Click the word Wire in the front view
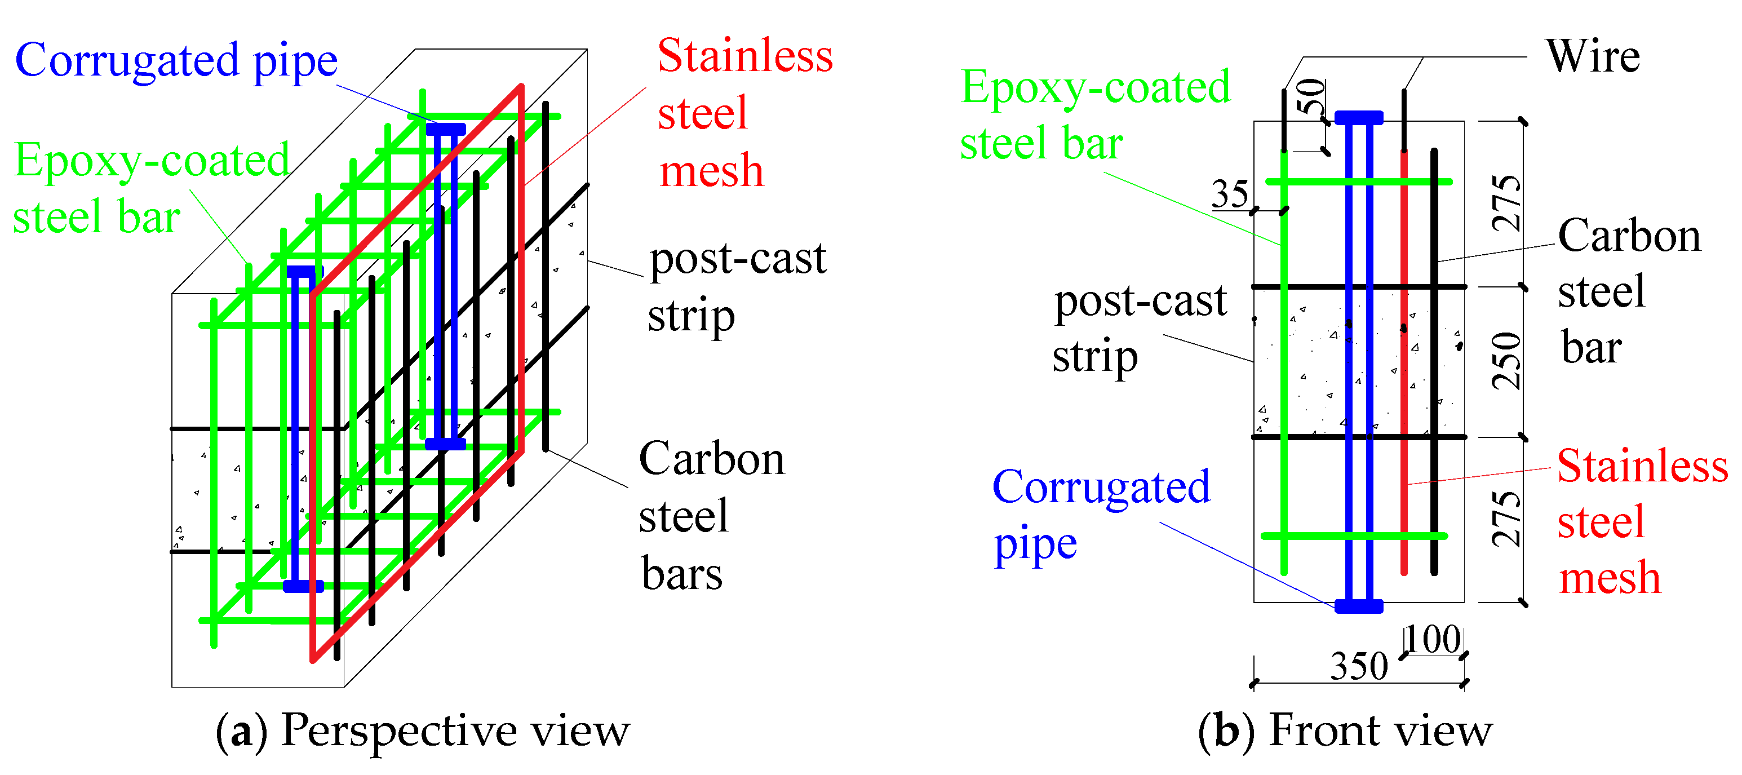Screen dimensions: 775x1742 tap(1592, 56)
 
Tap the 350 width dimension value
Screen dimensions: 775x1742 tap(1359, 666)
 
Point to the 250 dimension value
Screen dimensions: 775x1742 tap(1506, 361)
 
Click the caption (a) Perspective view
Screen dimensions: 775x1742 tap(422, 731)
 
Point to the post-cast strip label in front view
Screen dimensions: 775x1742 tap(1139, 329)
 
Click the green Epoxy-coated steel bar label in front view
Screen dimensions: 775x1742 tap(1094, 115)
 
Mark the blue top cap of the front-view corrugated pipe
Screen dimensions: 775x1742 tap(1359, 118)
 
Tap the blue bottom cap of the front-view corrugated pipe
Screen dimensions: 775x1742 tap(1359, 606)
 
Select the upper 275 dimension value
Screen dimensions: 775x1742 tap(1506, 203)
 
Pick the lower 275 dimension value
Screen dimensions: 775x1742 tap(1506, 519)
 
